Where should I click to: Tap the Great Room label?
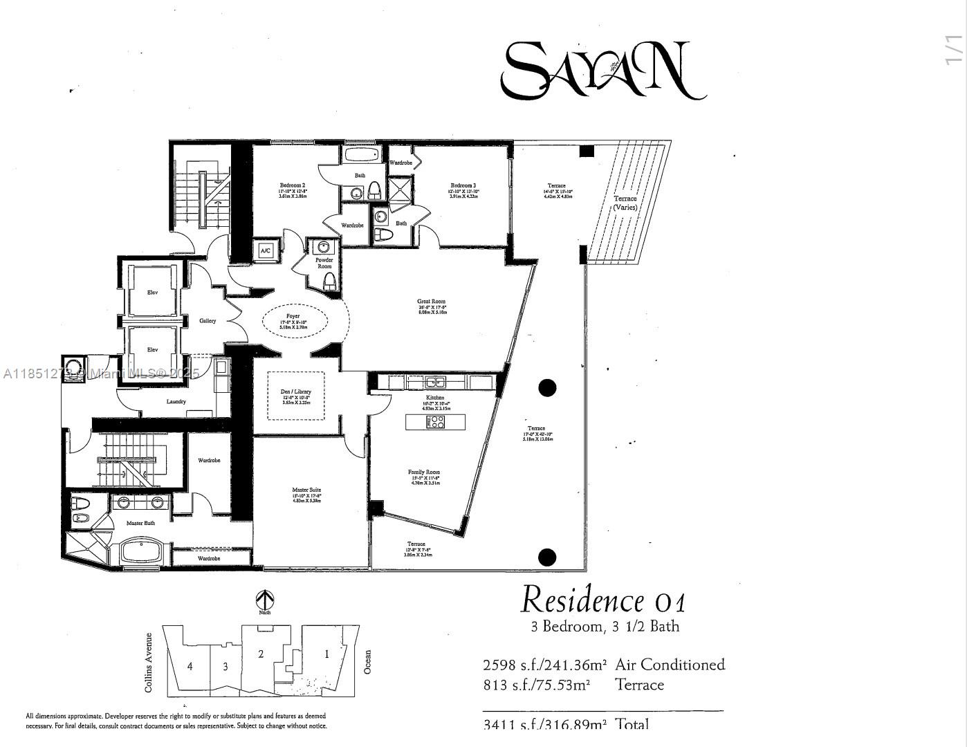point(431,302)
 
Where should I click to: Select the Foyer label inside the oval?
point(293,317)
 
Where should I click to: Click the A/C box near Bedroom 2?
point(266,251)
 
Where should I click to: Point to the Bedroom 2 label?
point(292,185)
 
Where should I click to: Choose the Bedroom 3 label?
point(463,185)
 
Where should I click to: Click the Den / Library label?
point(295,392)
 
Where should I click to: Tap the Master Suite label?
point(306,490)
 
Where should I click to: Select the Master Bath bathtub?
point(141,552)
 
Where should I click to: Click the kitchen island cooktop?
point(436,422)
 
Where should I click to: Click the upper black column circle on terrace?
point(547,388)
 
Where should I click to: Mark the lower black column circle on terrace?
point(547,557)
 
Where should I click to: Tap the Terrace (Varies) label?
point(625,203)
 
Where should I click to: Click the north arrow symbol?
point(265,599)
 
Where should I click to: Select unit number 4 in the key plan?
point(190,666)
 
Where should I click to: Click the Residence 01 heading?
point(603,600)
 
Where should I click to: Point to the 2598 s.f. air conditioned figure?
point(544,665)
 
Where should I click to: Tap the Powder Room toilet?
point(330,280)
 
